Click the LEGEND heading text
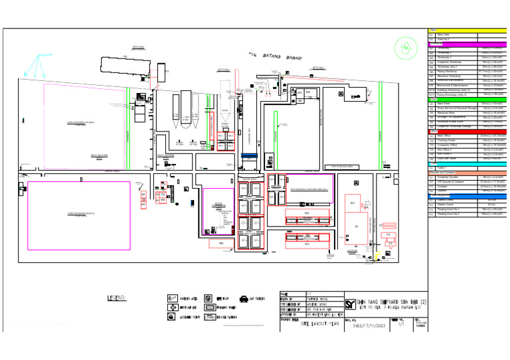pos(121,298)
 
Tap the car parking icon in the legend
pos(244,299)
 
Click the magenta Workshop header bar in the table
pos(467,44)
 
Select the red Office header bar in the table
pos(467,132)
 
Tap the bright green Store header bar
pos(467,100)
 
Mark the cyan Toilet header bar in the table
pos(467,163)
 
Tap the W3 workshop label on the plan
pos(307,244)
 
